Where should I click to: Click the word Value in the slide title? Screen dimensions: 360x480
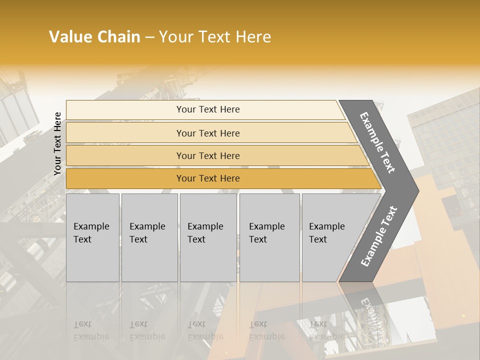coord(69,37)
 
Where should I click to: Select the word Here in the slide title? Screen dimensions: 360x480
coord(252,37)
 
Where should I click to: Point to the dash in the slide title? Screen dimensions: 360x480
coord(149,37)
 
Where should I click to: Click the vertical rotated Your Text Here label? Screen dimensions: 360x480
coord(57,143)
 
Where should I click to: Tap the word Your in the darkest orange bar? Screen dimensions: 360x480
coord(186,178)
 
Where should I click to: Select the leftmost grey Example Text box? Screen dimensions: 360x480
coord(92,237)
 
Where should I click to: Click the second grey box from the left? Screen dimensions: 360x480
coord(149,237)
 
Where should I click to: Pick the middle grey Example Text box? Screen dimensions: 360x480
coord(208,237)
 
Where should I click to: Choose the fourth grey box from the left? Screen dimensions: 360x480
coord(269,237)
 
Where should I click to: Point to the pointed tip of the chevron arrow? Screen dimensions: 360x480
coord(416,190)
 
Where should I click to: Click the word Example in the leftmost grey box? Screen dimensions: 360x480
coord(91,226)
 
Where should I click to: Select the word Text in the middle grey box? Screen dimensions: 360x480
coord(196,239)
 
